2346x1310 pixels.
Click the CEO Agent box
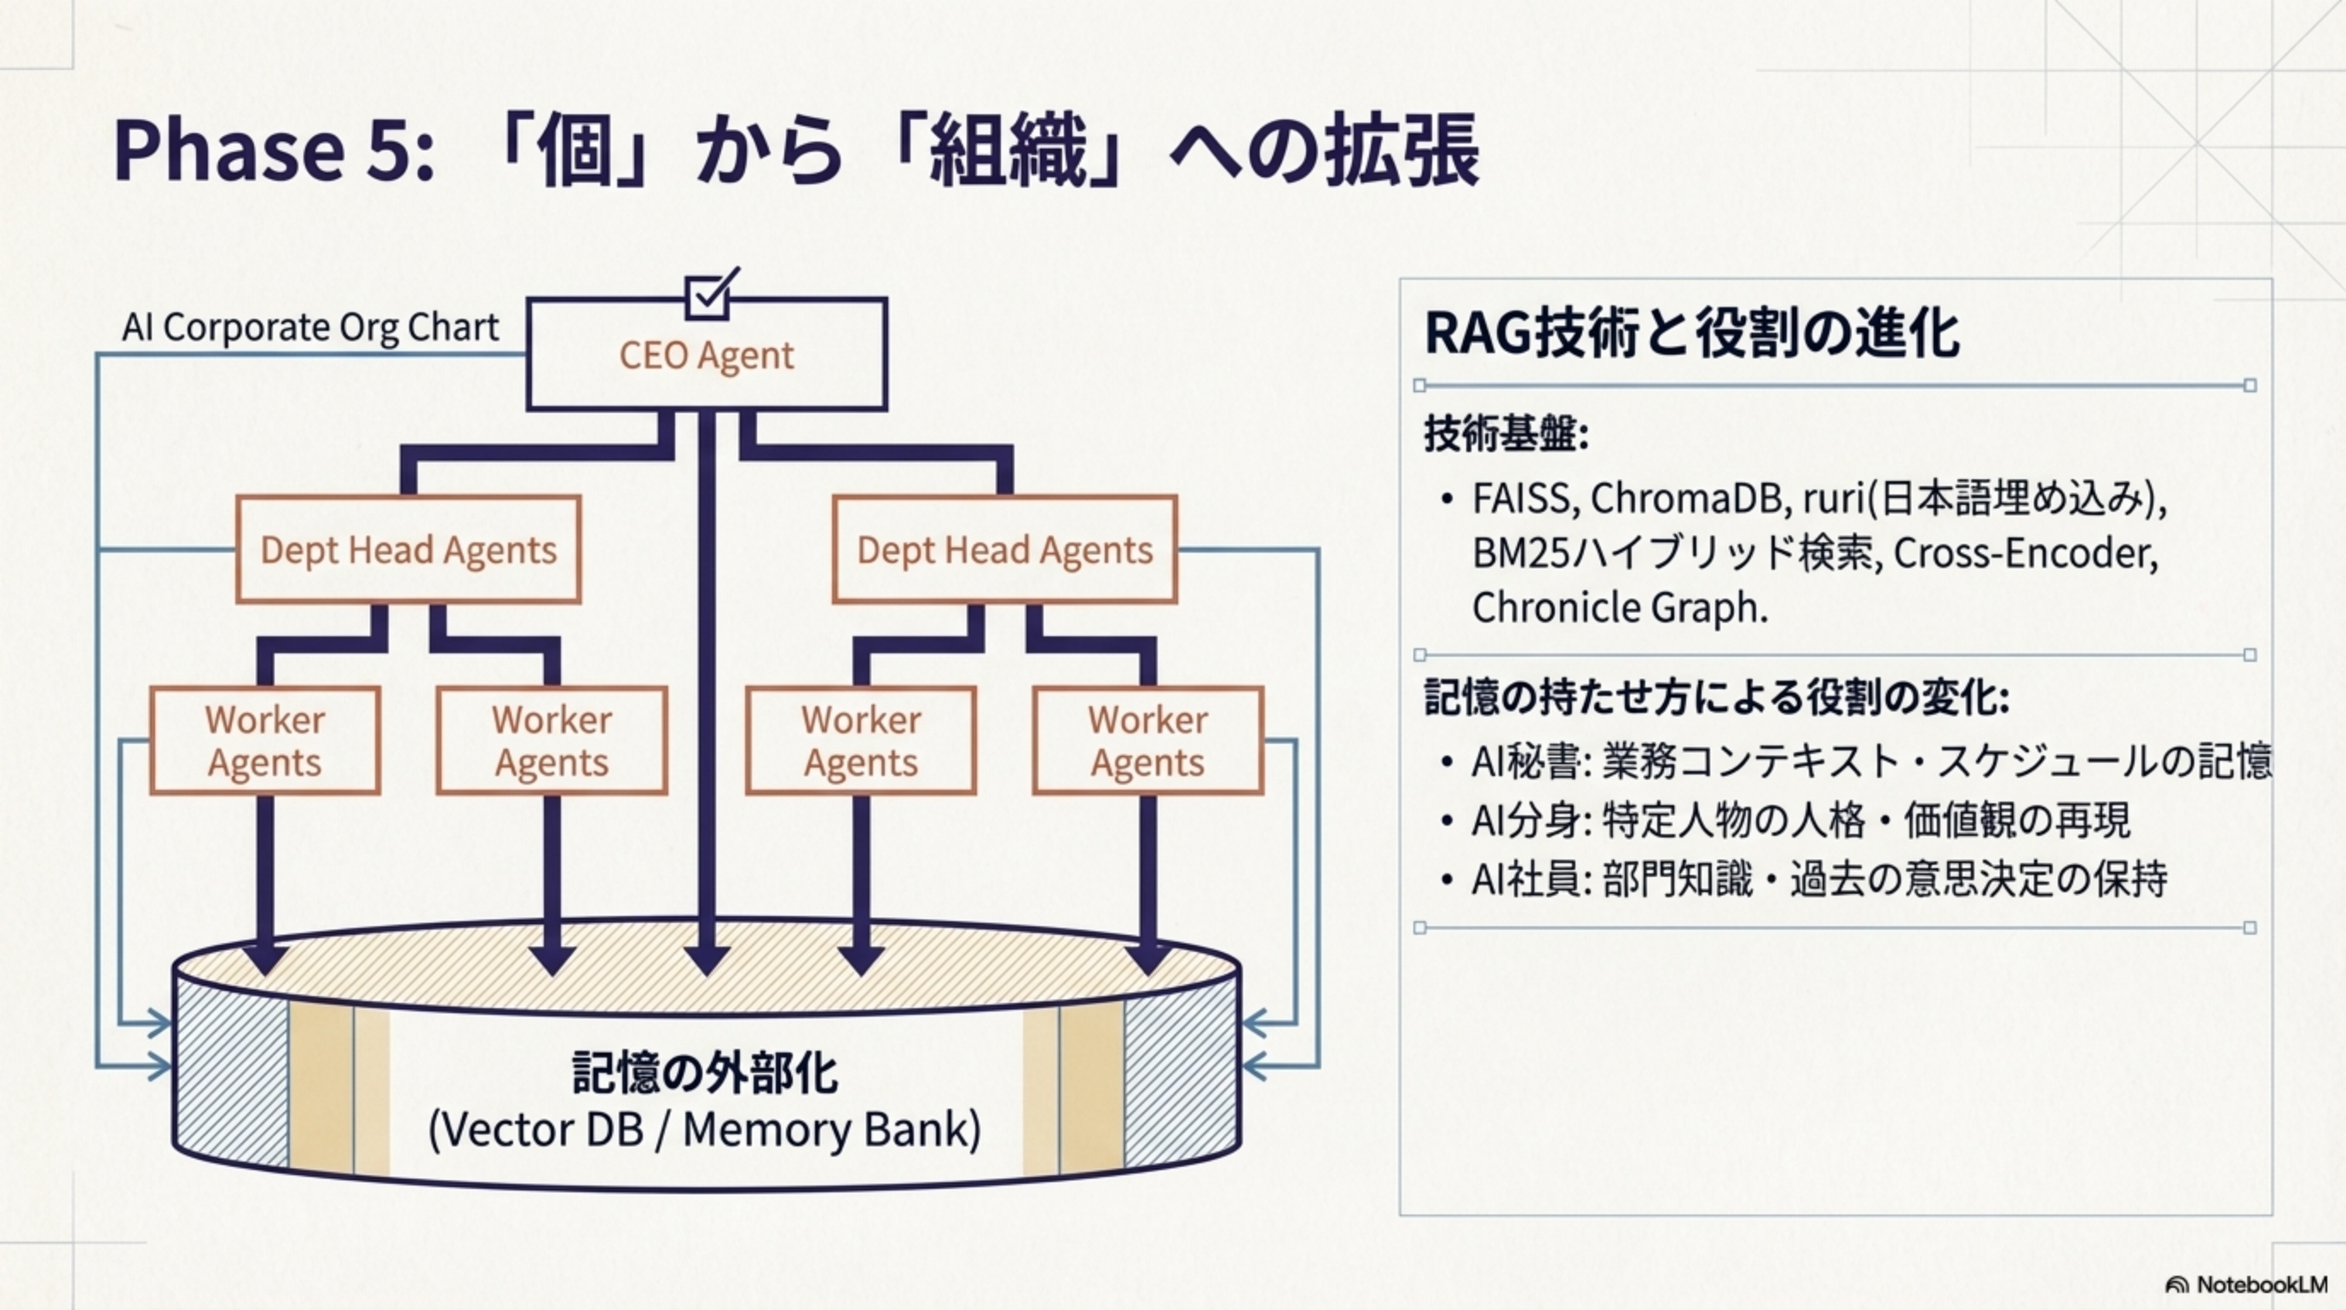(706, 356)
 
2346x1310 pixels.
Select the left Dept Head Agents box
(408, 549)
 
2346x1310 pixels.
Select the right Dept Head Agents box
(1004, 549)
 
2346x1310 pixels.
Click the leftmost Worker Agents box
(264, 740)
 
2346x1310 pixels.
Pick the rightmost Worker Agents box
(1147, 740)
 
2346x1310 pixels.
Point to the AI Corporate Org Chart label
(310, 327)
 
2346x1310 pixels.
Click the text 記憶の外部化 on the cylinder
(705, 1073)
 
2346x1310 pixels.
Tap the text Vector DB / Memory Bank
(705, 1130)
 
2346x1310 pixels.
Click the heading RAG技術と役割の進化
(1691, 333)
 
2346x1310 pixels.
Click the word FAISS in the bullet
(1524, 498)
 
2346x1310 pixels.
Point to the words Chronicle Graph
(1619, 607)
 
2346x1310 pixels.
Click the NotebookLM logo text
(2262, 1284)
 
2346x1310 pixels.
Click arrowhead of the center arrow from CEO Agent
(707, 961)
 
